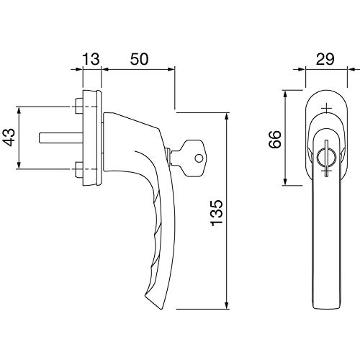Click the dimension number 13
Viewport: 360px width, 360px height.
[91, 59]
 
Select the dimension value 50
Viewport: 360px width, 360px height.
[140, 59]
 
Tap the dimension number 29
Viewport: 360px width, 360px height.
[325, 59]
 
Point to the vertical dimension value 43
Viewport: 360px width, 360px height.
[9, 138]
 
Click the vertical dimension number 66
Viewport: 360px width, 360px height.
[275, 139]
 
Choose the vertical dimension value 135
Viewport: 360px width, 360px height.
[217, 212]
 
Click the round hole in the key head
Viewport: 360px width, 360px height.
[199, 158]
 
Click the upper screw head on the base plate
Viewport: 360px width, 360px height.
[79, 106]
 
